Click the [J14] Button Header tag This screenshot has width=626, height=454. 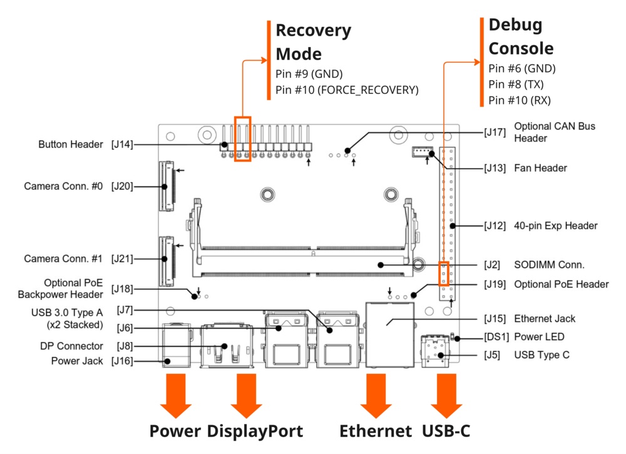(x=122, y=145)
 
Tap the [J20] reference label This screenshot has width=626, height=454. (x=122, y=186)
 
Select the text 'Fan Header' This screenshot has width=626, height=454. (x=541, y=168)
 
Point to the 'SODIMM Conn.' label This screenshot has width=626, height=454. (x=549, y=265)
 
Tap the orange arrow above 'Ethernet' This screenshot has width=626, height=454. (x=376, y=395)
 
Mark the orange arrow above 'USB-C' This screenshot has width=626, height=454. (x=447, y=395)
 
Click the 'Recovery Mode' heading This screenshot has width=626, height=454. (x=314, y=42)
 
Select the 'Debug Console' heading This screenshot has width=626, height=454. (x=521, y=36)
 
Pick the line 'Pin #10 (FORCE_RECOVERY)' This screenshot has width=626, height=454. (x=347, y=90)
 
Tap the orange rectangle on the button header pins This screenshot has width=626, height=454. (x=242, y=138)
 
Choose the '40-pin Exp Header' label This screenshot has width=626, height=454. (x=556, y=225)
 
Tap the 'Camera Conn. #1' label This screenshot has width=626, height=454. (x=63, y=259)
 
